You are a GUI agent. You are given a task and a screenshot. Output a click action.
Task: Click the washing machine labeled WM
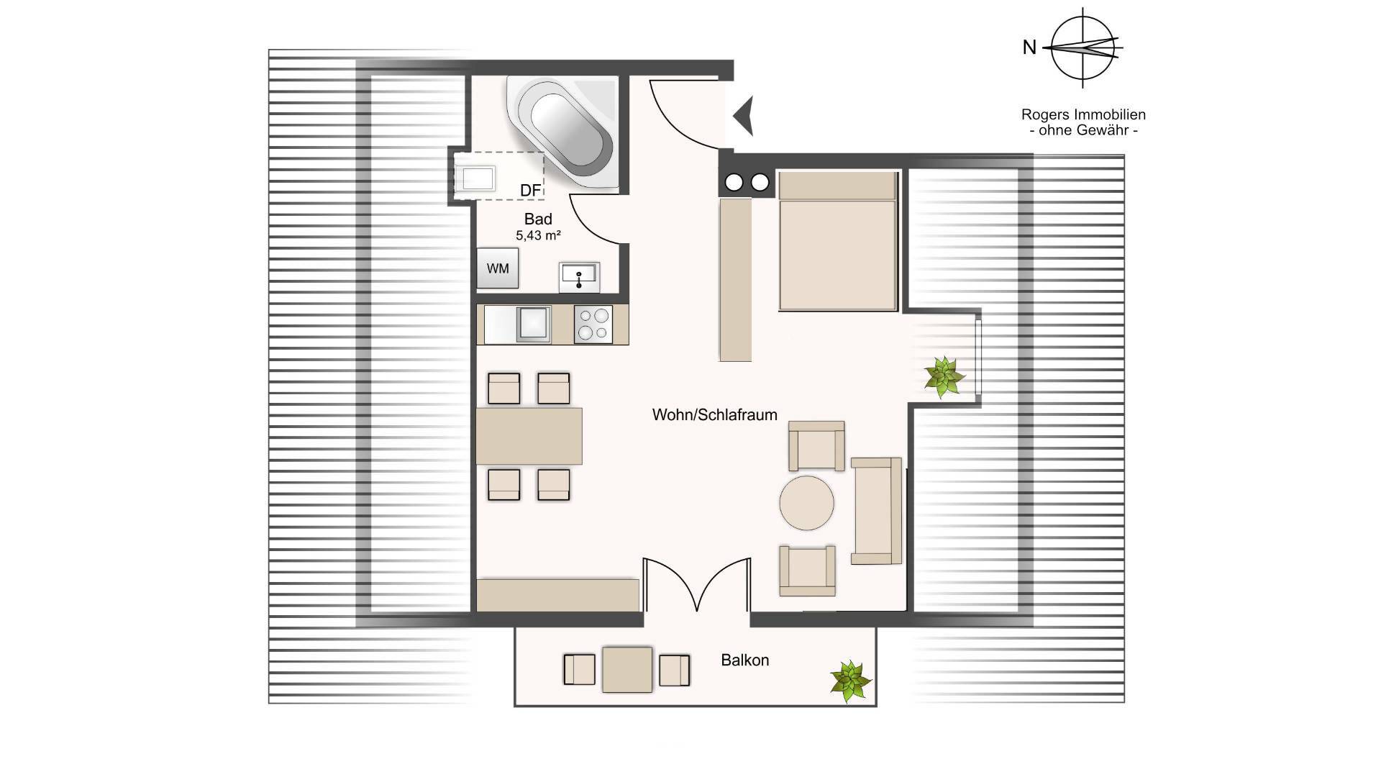click(498, 268)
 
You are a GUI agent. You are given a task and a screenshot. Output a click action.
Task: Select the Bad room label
click(538, 219)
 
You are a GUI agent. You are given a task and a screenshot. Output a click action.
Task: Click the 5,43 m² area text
click(538, 235)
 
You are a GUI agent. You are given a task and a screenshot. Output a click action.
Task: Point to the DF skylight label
click(530, 190)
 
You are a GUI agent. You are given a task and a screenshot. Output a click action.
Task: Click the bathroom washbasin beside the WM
click(579, 277)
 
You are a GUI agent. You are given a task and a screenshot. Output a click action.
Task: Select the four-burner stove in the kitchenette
click(593, 324)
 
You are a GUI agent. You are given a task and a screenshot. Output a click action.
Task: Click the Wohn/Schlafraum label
click(715, 414)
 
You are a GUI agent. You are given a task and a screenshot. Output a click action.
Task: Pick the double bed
click(839, 241)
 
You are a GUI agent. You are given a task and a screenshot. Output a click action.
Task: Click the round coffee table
click(807, 503)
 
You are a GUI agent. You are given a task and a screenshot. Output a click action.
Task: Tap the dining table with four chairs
click(529, 436)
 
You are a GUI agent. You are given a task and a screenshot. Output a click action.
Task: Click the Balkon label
click(745, 660)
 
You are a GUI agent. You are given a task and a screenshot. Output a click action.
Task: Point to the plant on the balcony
click(851, 681)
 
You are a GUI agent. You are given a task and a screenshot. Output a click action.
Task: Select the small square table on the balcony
click(627, 670)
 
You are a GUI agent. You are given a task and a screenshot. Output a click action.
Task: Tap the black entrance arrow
click(744, 116)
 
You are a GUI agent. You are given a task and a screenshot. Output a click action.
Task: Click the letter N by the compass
click(1029, 47)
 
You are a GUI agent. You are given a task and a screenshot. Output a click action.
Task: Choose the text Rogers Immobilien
click(1083, 114)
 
